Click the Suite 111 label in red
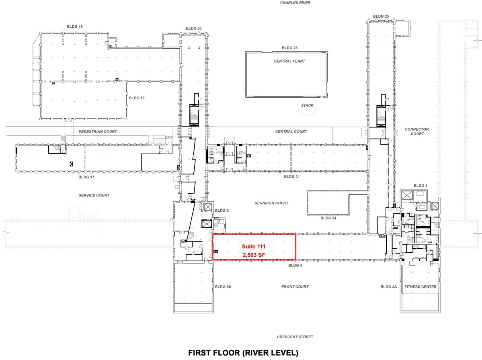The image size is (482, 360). [x=254, y=246]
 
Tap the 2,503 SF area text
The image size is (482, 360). [x=254, y=255]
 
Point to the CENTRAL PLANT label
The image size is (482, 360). [x=289, y=61]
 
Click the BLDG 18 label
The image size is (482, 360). [x=75, y=27]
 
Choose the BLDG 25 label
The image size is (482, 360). [x=381, y=16]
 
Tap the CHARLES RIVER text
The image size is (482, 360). [x=295, y=3]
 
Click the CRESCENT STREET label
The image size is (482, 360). [x=295, y=337]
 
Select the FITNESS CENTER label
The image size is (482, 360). [x=420, y=287]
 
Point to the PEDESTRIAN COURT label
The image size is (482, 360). [x=98, y=131]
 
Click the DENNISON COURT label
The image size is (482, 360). [x=271, y=203]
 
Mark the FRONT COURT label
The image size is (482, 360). [x=295, y=287]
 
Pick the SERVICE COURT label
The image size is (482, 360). [x=94, y=195]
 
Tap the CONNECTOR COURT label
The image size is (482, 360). [x=417, y=131]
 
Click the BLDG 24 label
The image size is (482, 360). [x=328, y=218]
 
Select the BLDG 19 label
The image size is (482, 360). [x=137, y=98]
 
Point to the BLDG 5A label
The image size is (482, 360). [x=223, y=287]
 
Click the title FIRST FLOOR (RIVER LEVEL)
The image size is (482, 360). [x=243, y=353]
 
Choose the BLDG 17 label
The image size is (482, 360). [x=86, y=177]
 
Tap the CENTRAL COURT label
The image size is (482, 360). [x=291, y=131]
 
